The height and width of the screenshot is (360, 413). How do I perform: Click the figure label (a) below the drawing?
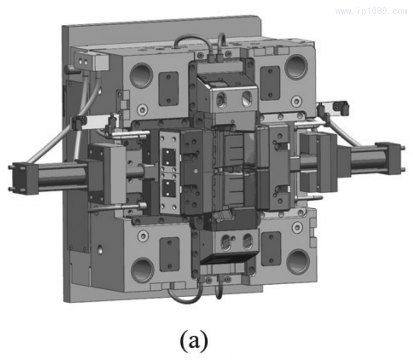pyautogui.click(x=194, y=341)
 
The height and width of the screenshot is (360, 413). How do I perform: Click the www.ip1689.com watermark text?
pyautogui.click(x=372, y=11)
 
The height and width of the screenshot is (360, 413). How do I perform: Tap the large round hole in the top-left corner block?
pyautogui.click(x=141, y=75)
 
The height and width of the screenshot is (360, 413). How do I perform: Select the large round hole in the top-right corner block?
pyautogui.click(x=296, y=67)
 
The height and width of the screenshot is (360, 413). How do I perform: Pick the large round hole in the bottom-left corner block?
pyautogui.click(x=142, y=270)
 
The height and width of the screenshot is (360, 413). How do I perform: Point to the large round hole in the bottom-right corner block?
pyautogui.click(x=298, y=262)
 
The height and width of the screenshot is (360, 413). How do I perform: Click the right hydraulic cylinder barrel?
pyautogui.click(x=364, y=159)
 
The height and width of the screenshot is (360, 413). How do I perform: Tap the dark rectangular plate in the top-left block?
pyautogui.click(x=169, y=89)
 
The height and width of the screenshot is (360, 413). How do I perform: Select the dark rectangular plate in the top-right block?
pyautogui.click(x=270, y=83)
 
